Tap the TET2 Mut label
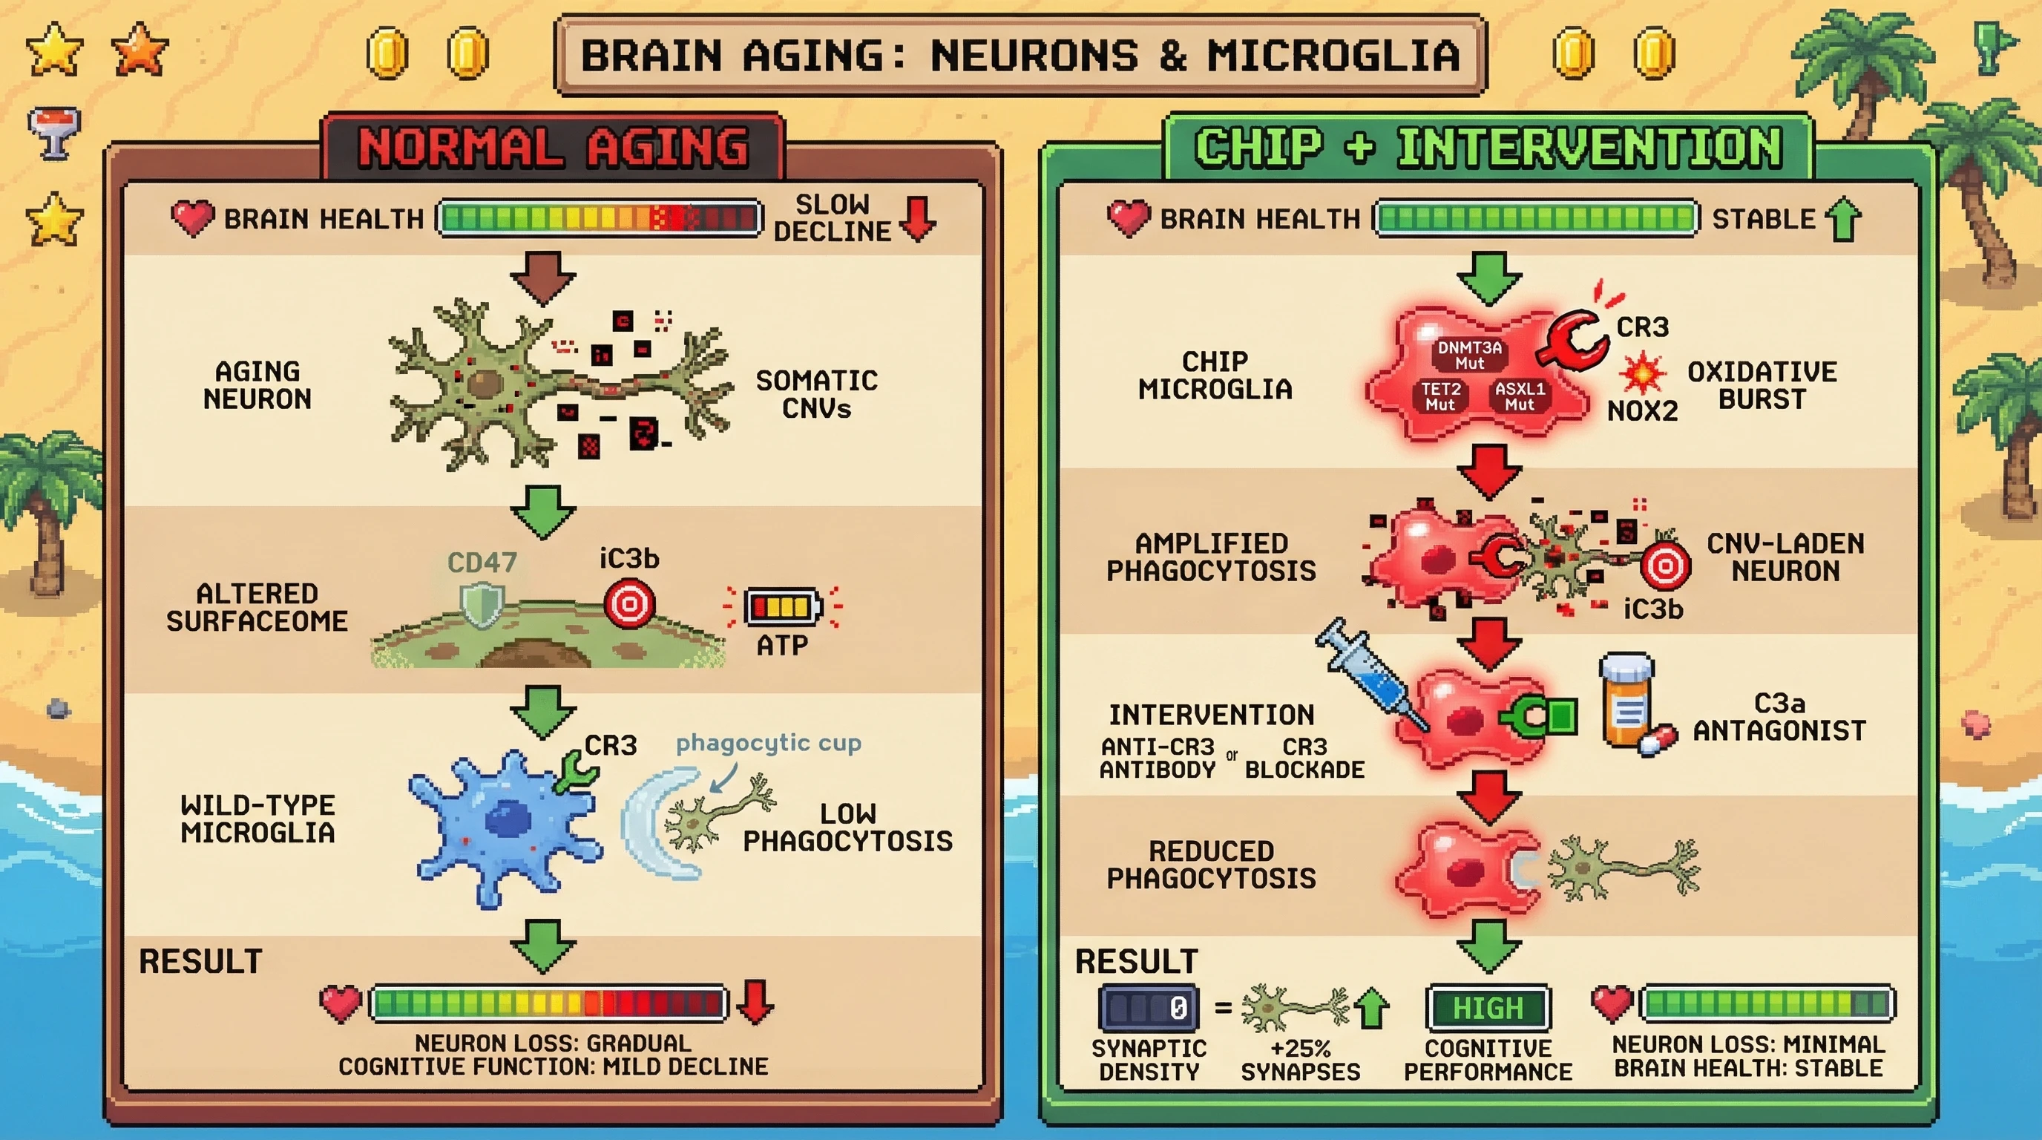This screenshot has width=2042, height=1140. (x=1439, y=396)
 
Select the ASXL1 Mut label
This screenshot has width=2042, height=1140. (x=1519, y=396)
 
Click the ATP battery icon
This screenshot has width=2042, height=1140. (x=782, y=607)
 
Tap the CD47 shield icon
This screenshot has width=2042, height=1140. (x=483, y=606)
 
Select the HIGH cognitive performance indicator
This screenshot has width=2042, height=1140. (x=1488, y=1009)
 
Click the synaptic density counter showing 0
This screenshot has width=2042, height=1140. (x=1149, y=1009)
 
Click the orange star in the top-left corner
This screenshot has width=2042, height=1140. (x=139, y=49)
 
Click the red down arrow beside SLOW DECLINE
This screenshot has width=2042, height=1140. (x=918, y=219)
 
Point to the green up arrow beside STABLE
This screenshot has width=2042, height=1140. (x=1844, y=219)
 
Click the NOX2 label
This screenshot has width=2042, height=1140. (x=1641, y=411)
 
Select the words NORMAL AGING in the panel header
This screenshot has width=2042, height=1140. (x=554, y=148)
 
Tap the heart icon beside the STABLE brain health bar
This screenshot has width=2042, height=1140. (x=1128, y=218)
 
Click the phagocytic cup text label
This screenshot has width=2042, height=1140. (x=768, y=744)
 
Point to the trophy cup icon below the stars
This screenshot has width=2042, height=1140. (x=53, y=131)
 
